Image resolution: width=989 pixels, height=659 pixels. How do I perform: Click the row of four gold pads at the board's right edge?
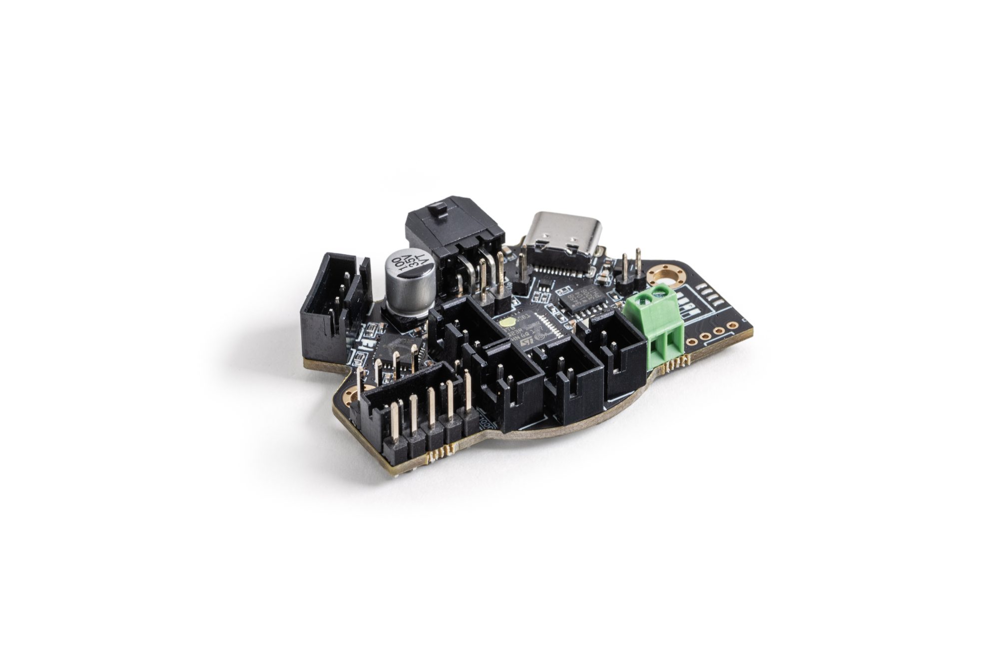point(711,333)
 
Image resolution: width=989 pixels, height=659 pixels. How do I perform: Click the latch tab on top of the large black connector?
point(438,207)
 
